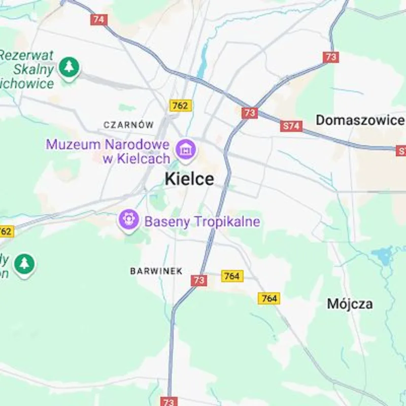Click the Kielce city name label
click(x=189, y=179)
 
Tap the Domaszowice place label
click(x=360, y=120)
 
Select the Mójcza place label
click(x=350, y=304)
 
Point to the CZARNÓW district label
click(x=128, y=124)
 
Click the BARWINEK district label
click(x=156, y=271)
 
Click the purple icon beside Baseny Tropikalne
click(x=129, y=220)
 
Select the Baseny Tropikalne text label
click(x=202, y=222)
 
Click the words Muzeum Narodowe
click(x=107, y=144)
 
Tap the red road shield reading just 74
click(x=99, y=20)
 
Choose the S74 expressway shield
click(x=291, y=126)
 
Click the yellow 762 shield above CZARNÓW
click(x=180, y=106)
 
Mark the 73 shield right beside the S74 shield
click(x=249, y=113)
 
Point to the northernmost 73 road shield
click(x=330, y=57)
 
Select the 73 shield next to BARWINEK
click(x=199, y=280)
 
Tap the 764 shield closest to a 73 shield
click(x=232, y=276)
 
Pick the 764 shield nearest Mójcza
click(x=269, y=298)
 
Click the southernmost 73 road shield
click(x=168, y=401)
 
